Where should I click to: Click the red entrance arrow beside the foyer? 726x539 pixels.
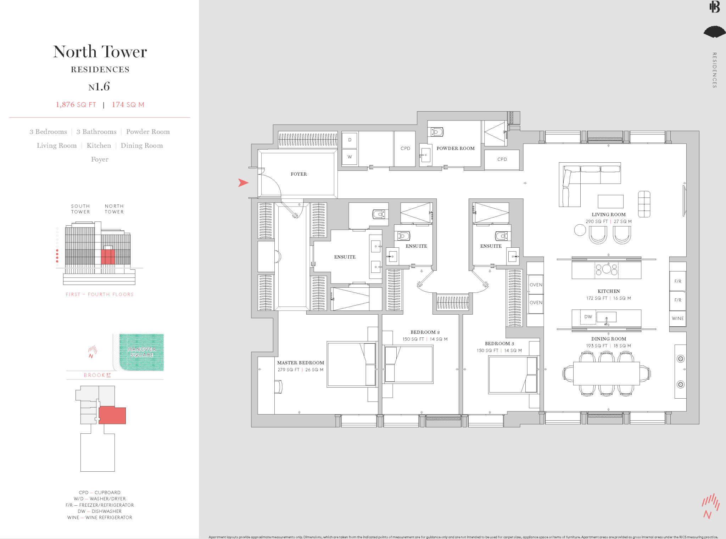pos(243,183)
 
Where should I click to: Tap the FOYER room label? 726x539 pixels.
pos(298,174)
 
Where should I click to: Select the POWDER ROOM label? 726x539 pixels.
pos(455,148)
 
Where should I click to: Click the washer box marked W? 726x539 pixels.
pos(350,157)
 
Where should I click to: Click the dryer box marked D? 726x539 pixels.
pos(350,140)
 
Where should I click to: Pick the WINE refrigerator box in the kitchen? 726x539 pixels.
pos(677,318)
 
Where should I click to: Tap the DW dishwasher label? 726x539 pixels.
pos(588,317)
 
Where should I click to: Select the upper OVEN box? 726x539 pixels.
pos(536,285)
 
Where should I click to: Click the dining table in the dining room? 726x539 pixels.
pos(606,373)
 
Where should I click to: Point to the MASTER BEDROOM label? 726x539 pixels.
pos(300,363)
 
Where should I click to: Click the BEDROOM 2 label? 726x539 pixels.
pos(425,332)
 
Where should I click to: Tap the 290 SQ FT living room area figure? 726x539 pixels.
pos(596,221)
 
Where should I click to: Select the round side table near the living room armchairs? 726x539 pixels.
pos(580,230)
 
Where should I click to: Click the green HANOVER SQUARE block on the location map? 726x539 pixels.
pos(141,352)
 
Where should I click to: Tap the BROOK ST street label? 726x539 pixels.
pos(97,375)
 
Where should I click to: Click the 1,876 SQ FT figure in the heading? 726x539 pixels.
pos(76,105)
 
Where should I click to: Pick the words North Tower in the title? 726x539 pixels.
pos(100,52)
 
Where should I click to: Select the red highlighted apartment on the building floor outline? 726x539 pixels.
pos(112,415)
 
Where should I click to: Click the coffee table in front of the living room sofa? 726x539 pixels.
pos(610,201)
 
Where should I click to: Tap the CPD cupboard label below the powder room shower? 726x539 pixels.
pos(502,159)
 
